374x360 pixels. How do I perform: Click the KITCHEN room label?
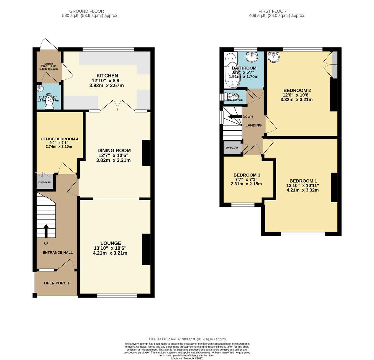tap(107, 76)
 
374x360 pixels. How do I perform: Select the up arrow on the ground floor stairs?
tap(46, 230)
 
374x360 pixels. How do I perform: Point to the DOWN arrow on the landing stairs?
tap(235, 116)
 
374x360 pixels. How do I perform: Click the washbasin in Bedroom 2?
tap(274, 57)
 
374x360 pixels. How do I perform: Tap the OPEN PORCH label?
tap(57, 283)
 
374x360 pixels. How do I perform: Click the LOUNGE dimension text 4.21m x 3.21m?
tap(110, 253)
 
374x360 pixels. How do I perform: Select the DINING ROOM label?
tap(114, 151)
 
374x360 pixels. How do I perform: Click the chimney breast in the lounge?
tap(146, 249)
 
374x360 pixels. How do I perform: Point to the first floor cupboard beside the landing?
tap(232, 148)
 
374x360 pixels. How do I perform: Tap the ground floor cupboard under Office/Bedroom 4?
tap(44, 182)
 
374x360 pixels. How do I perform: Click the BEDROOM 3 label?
tap(247, 175)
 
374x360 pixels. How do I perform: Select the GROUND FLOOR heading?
tap(86, 11)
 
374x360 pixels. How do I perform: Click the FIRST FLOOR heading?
tap(272, 11)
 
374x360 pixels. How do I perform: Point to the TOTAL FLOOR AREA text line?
tap(187, 339)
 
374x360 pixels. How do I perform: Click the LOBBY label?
tap(49, 64)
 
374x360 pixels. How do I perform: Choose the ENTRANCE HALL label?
tap(58, 252)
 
